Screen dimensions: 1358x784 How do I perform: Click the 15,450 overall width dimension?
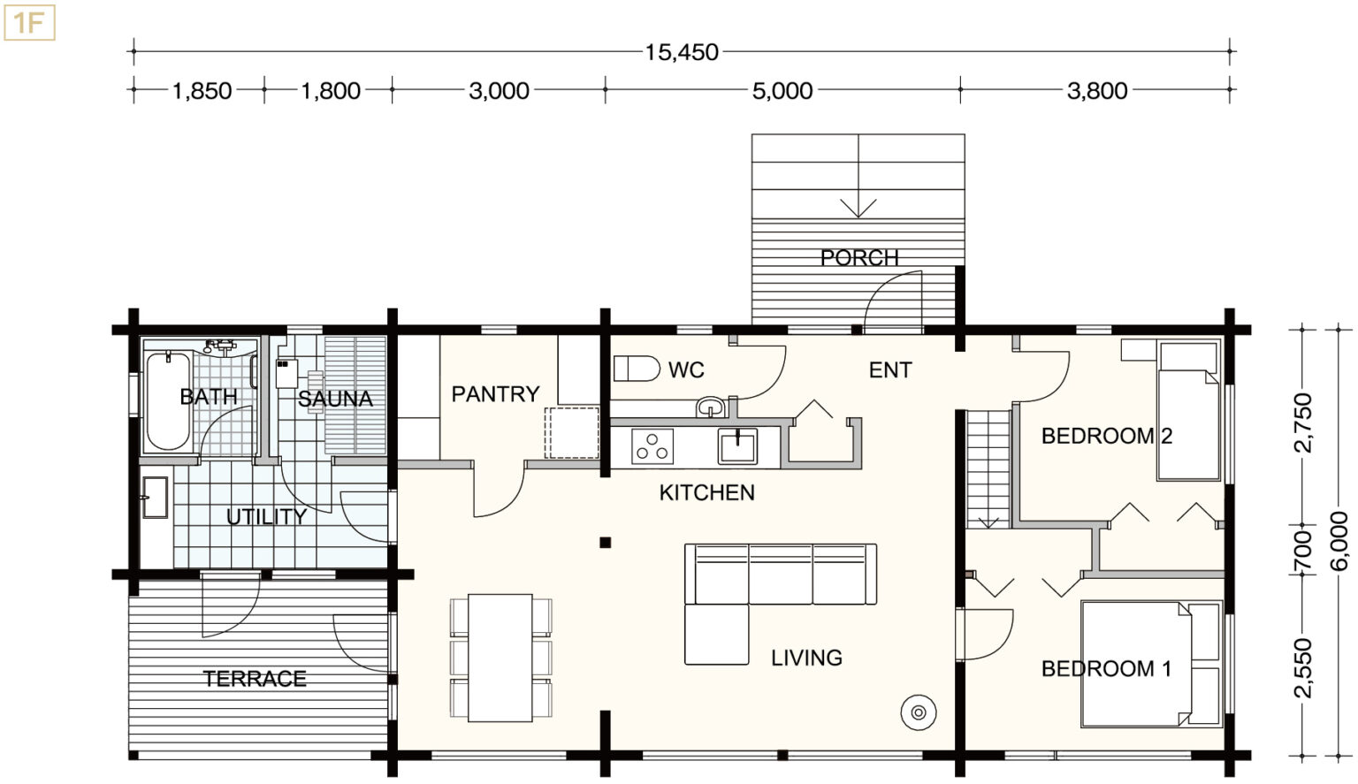coord(682,52)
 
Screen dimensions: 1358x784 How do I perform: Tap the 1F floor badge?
coord(29,23)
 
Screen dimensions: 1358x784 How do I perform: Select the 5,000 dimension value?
coord(782,91)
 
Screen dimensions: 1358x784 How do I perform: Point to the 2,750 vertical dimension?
coord(1303,422)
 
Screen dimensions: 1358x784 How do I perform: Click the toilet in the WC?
coord(636,369)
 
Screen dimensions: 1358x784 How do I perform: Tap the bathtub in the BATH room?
coord(168,400)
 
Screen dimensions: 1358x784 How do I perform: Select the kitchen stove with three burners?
coord(652,446)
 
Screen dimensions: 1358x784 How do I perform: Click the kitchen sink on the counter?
coord(737,446)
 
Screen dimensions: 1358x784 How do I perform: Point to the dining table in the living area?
coord(500,658)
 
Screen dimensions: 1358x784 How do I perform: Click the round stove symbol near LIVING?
coord(919,712)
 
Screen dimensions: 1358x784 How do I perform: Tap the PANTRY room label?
coord(495,394)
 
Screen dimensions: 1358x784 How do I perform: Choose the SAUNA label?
coord(335,399)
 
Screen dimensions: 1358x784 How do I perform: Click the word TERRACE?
coord(255,679)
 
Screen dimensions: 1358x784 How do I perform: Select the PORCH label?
coord(859,258)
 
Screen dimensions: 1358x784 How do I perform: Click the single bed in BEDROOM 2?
coord(1188,411)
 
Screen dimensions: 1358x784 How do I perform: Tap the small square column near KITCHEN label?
coord(605,543)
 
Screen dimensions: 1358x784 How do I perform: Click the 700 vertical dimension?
coord(1303,550)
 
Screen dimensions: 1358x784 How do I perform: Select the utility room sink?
coord(156,498)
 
